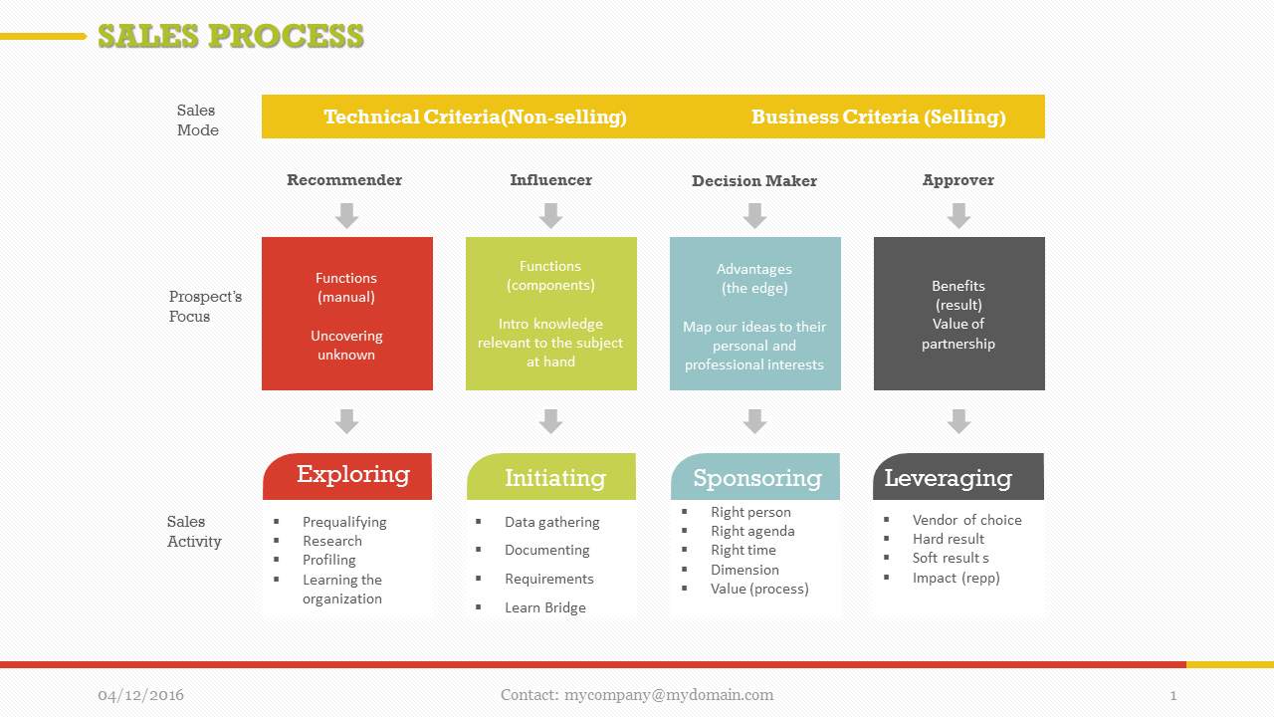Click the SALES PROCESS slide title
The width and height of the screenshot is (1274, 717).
230,36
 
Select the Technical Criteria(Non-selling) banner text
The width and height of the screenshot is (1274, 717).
475,117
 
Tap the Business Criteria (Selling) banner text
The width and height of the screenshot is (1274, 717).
878,117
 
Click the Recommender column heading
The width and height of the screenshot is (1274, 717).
344,180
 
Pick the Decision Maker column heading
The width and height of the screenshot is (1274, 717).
754,181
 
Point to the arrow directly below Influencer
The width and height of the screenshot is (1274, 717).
550,215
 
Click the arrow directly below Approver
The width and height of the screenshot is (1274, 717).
958,215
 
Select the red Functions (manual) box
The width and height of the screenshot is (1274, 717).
346,314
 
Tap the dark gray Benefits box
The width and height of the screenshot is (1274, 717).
958,314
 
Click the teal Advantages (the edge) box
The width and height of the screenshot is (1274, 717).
754,314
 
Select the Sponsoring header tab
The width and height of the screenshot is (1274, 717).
755,477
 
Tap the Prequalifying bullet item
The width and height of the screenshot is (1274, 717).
344,522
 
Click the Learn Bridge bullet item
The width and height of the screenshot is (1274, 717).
544,607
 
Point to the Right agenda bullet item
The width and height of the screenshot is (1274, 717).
752,531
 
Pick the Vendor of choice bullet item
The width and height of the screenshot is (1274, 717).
966,520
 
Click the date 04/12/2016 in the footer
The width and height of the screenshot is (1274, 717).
140,695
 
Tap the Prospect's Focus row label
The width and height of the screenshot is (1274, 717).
204,307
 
